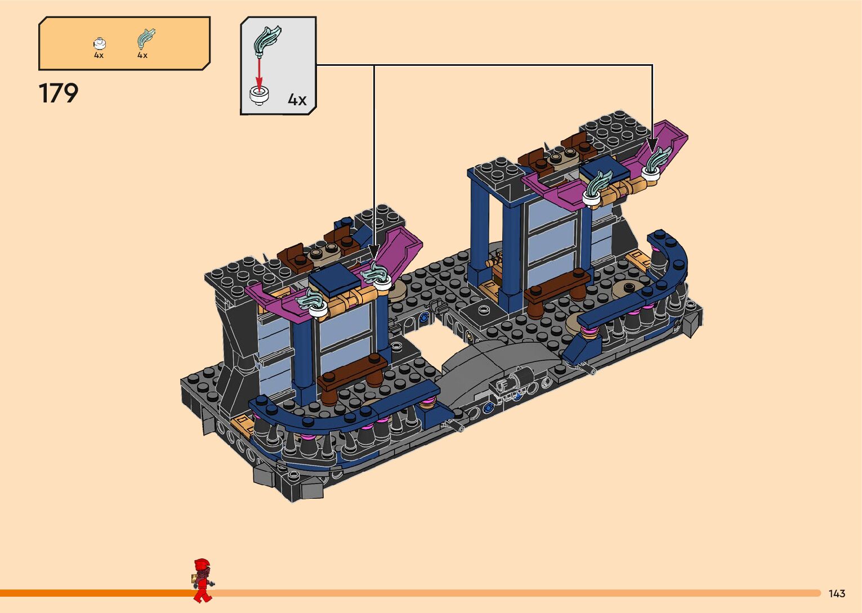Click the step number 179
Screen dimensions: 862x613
59,93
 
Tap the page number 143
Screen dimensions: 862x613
837,593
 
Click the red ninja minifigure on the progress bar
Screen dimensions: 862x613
203,580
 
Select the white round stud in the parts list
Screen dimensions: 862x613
99,43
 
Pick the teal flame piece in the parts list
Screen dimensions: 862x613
146,38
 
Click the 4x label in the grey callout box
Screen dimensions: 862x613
297,100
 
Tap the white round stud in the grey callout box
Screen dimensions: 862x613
259,96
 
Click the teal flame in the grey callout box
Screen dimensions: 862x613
267,41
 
